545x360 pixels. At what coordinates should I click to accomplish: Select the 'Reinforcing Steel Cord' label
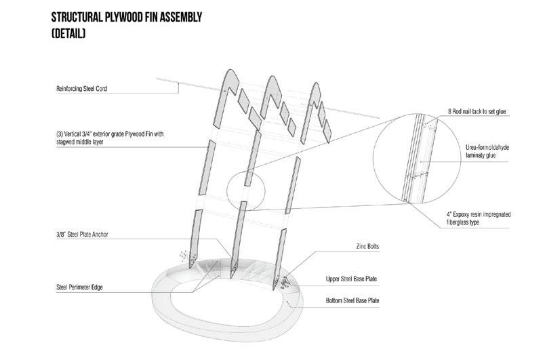83,87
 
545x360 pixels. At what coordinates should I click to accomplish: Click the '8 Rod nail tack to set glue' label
479,110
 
